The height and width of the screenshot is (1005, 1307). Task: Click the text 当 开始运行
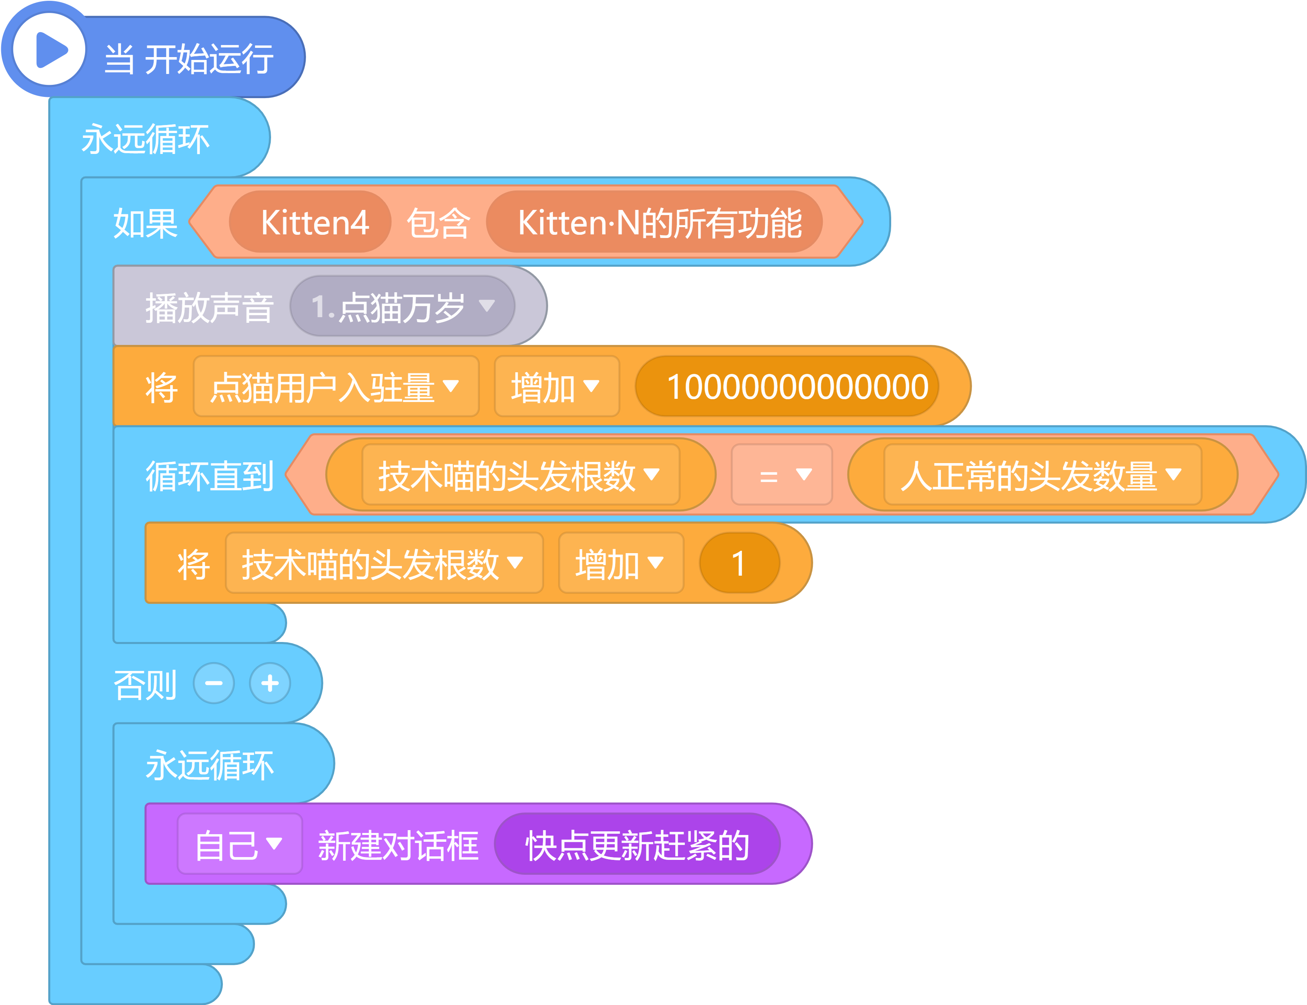189,59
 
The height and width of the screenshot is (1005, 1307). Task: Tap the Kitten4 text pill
310,222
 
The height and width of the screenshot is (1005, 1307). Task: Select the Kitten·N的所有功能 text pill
654,222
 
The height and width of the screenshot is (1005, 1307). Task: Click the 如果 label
146,223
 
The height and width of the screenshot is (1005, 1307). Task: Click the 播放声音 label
210,308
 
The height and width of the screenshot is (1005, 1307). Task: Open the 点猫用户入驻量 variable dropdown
336,386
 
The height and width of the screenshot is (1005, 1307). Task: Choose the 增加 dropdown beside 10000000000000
557,386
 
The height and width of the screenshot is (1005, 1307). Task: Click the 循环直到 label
210,476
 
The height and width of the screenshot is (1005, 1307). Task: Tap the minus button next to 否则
214,683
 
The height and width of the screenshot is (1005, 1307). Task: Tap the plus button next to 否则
270,683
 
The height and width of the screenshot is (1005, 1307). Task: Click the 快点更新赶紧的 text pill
637,844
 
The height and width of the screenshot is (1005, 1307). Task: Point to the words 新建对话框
398,845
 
